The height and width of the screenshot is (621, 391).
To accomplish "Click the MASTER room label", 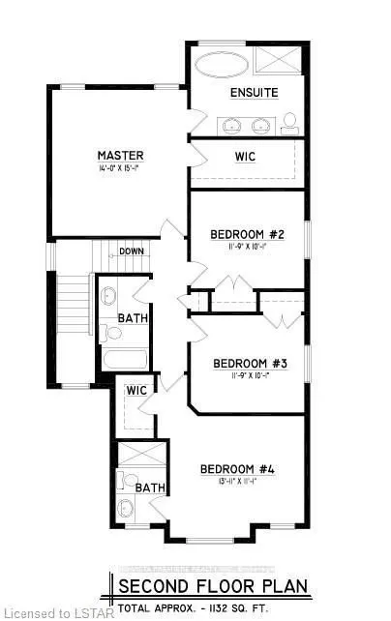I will coord(120,156).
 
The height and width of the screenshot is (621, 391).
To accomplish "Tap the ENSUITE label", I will coord(255,93).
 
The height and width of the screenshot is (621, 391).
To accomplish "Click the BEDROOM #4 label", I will coord(238,470).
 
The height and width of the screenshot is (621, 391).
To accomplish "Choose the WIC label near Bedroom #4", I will coord(135,391).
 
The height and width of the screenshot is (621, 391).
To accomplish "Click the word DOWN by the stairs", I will coord(133,252).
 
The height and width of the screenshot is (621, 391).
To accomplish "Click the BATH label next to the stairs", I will coord(132,318).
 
